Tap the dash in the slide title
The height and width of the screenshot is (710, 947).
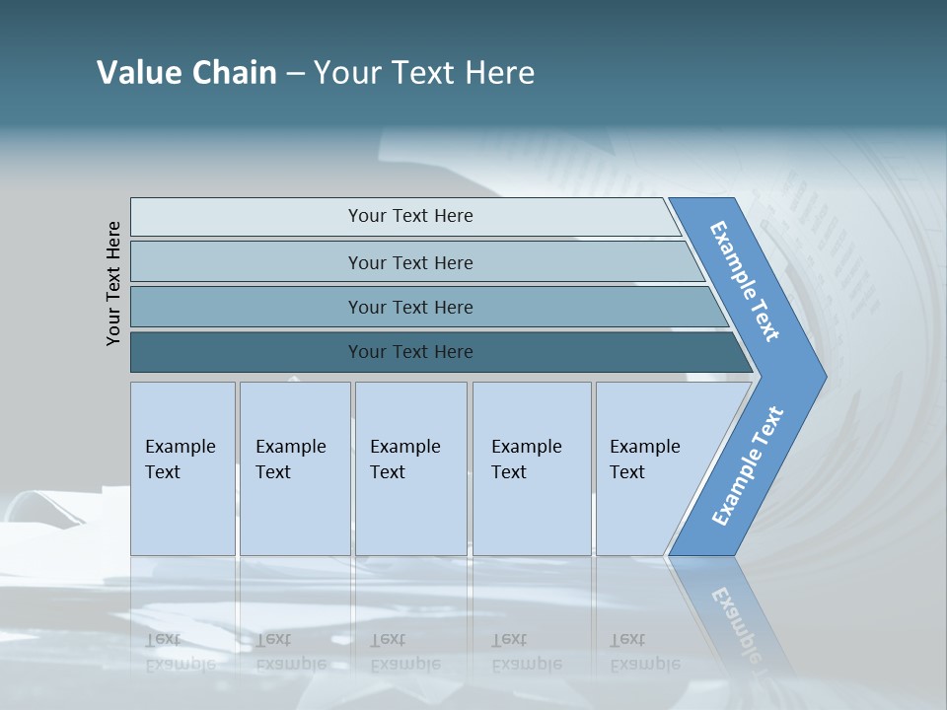(295, 73)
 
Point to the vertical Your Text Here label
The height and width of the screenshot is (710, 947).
(113, 283)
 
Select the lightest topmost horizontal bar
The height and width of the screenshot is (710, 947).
(409, 216)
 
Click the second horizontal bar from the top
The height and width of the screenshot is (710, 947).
(409, 262)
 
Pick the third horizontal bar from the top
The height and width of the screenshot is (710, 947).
(409, 307)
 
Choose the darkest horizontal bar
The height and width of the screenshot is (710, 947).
(409, 352)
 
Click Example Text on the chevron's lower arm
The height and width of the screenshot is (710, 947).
(748, 465)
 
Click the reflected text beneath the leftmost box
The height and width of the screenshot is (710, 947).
(180, 651)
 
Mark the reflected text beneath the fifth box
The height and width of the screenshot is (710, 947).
(644, 651)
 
